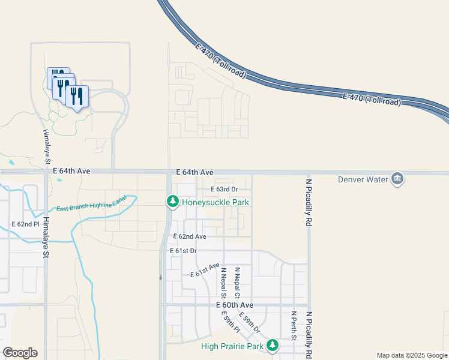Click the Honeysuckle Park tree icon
(x=173, y=202)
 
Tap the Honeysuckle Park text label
(x=215, y=203)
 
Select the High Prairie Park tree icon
(x=273, y=346)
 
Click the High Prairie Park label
(x=233, y=347)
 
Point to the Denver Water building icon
(x=397, y=178)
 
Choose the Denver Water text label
(x=364, y=179)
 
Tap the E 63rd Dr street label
(x=224, y=190)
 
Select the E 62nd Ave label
(x=190, y=237)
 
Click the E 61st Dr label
(x=183, y=250)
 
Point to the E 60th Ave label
(x=235, y=305)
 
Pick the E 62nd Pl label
(x=25, y=224)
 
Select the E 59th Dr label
(x=249, y=322)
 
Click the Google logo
(x=20, y=353)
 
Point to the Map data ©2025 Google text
(x=412, y=355)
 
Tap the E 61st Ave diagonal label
(x=205, y=271)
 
